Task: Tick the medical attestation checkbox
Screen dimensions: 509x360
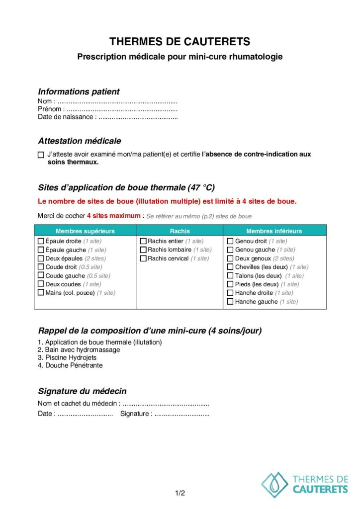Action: [x=41, y=155]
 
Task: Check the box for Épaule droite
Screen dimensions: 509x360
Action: [x=41, y=241]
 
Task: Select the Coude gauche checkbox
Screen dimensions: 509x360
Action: [x=41, y=276]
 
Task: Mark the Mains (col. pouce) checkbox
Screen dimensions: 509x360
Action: [x=41, y=293]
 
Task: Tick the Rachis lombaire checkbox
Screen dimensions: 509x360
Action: [x=143, y=250]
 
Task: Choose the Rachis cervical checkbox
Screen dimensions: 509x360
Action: [x=143, y=258]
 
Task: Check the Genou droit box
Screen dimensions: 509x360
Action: [x=230, y=241]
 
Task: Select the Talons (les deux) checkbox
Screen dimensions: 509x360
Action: [x=230, y=276]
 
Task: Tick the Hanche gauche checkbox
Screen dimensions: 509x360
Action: [x=230, y=302]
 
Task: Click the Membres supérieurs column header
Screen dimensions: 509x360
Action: [x=85, y=231]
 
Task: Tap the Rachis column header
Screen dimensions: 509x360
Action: [x=180, y=231]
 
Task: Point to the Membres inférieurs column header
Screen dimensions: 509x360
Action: [x=274, y=231]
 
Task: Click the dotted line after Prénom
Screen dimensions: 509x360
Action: [x=122, y=109]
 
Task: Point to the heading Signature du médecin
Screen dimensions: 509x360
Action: [x=82, y=391]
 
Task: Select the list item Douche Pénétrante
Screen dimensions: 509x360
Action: [x=70, y=365]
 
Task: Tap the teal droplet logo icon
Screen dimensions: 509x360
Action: [x=274, y=484]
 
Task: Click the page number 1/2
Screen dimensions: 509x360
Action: [x=180, y=494]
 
